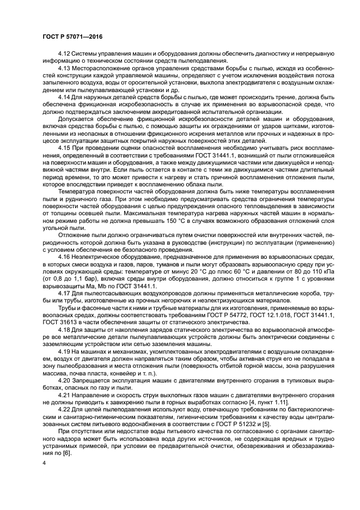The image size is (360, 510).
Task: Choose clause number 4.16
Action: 64,256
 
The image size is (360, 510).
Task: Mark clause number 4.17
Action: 64,293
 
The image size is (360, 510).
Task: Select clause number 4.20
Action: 64,380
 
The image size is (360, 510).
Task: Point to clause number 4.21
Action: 64,395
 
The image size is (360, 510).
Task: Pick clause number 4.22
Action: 64,410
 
